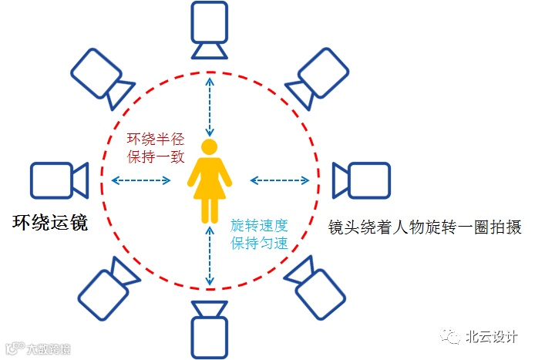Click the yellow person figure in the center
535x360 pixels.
(x=210, y=182)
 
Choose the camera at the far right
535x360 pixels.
(x=359, y=180)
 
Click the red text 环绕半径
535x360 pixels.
(x=156, y=140)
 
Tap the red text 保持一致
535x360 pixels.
(x=156, y=156)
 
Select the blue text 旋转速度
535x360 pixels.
(x=260, y=226)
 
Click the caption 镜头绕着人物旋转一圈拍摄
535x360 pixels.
(x=425, y=227)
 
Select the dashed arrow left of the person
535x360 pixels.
(x=141, y=180)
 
